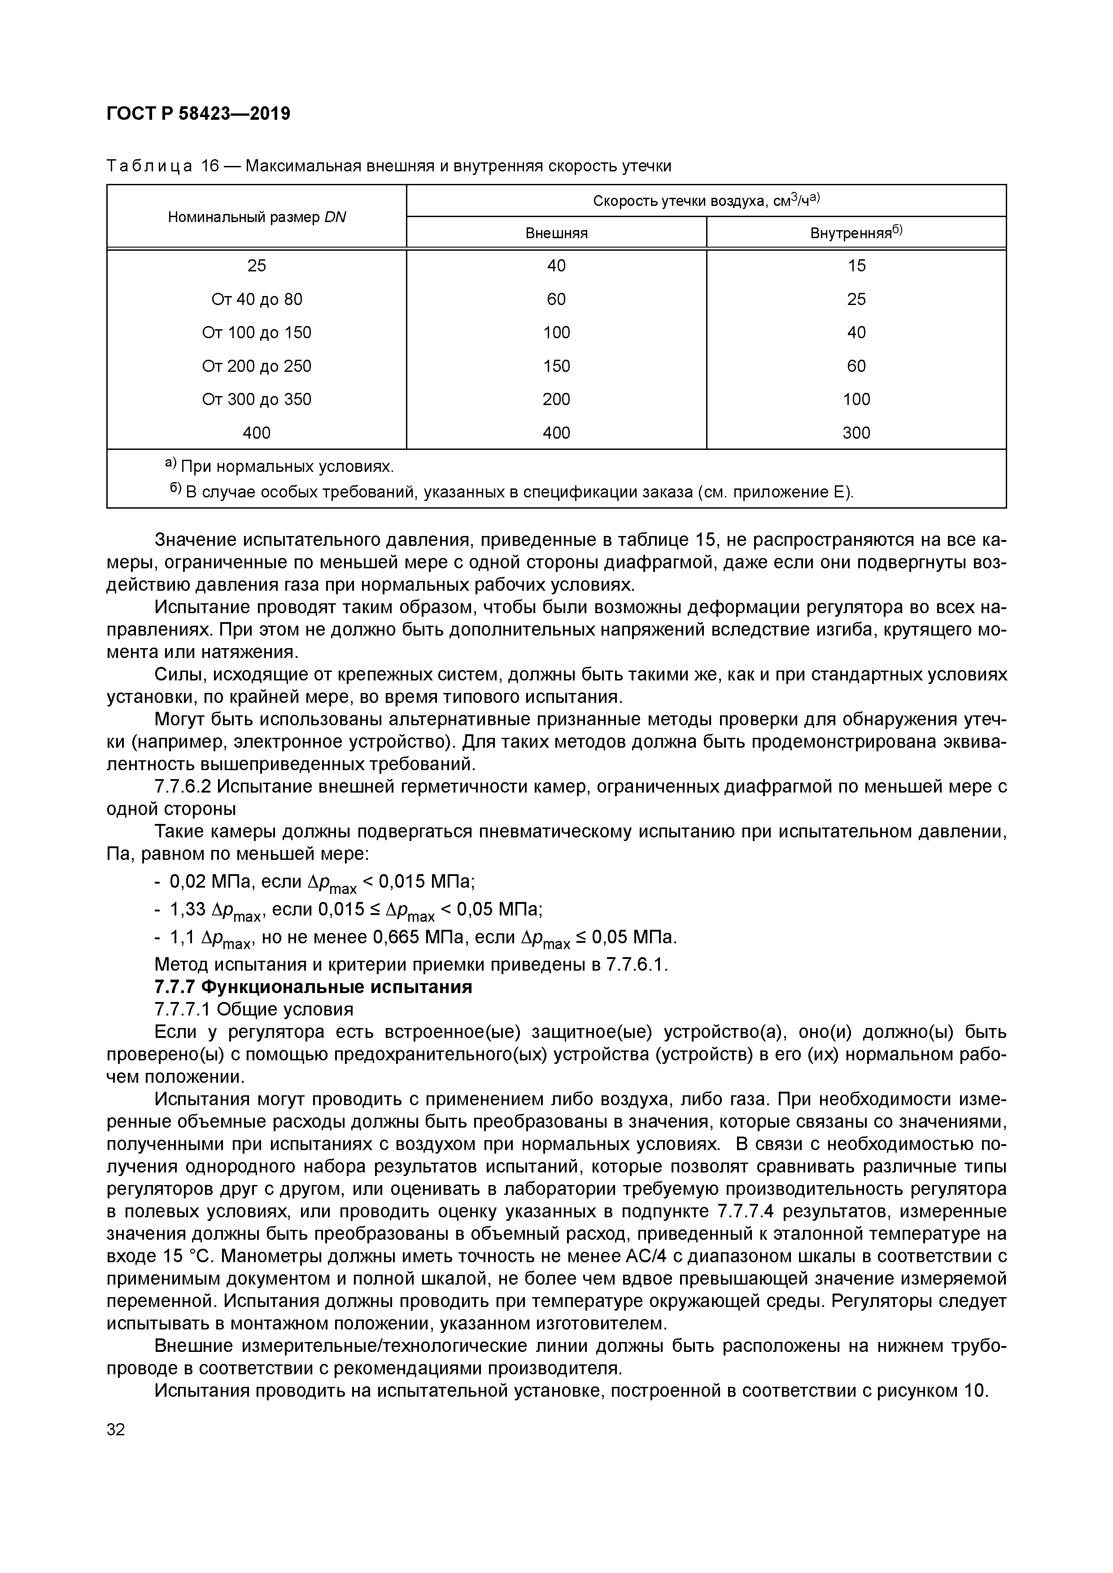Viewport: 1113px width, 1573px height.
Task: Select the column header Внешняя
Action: coord(556,233)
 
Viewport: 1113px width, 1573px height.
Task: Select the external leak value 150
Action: coord(556,366)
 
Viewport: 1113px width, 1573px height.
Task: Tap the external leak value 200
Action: coord(556,399)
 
